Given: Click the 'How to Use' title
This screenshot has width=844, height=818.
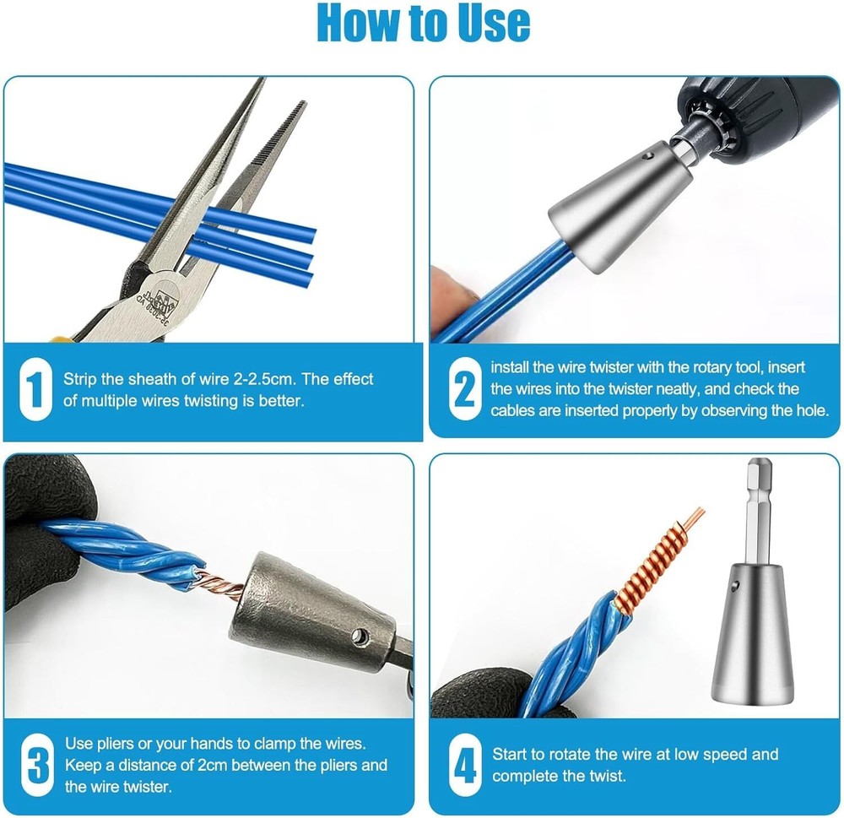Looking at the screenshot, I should [423, 24].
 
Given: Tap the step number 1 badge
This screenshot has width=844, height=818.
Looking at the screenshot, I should [35, 389].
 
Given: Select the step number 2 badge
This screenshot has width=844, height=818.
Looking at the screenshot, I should [464, 389].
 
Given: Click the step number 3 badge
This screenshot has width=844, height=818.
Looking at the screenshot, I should [35, 765].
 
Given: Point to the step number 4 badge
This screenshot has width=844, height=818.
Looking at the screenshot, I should [464, 765].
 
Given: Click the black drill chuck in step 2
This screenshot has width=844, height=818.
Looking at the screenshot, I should [760, 106].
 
